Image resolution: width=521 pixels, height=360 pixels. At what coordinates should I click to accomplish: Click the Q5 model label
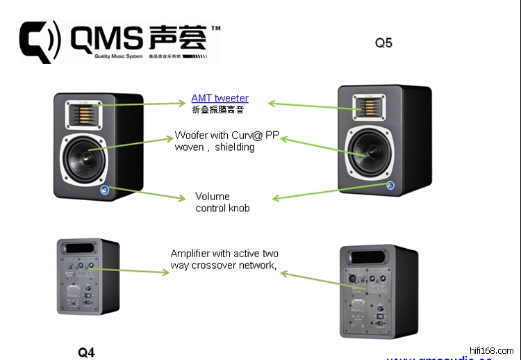(x=383, y=42)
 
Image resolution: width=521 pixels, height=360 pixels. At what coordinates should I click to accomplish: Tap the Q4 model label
(x=86, y=352)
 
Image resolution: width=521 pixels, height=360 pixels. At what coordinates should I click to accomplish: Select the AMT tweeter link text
(x=220, y=98)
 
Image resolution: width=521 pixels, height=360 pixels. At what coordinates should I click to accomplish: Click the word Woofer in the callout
(x=190, y=136)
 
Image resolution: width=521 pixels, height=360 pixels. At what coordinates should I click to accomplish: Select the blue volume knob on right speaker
(x=390, y=186)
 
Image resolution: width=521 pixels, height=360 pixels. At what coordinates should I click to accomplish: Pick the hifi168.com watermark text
(x=492, y=350)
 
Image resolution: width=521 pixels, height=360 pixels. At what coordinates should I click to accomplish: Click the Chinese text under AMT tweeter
(x=218, y=110)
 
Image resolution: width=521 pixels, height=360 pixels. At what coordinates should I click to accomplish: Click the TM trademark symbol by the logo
(x=215, y=29)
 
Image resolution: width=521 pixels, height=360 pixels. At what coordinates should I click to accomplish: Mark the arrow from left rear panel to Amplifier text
(x=132, y=270)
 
